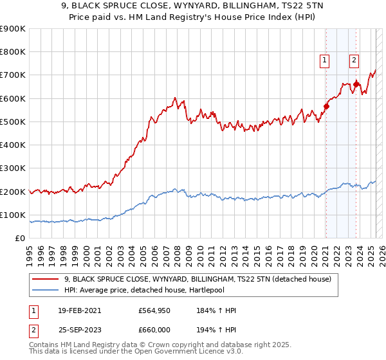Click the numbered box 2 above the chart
[x=354, y=61]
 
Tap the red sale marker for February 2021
[x=326, y=107]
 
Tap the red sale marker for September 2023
[x=356, y=84]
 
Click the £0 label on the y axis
[x=19, y=239]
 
